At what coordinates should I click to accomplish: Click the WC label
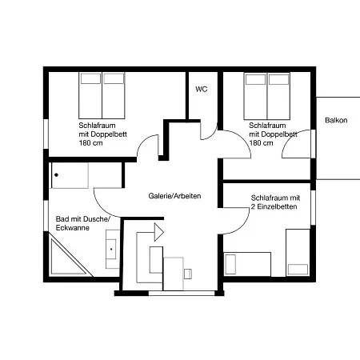[201, 89]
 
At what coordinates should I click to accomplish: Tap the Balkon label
[336, 120]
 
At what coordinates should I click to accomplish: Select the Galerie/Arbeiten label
[174, 196]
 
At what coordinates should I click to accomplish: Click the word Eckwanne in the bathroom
[72, 228]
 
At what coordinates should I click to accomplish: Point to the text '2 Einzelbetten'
[274, 206]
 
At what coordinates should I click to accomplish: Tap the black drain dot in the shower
[56, 175]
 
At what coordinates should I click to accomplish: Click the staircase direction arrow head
[159, 233]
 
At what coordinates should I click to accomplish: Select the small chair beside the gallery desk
[188, 274]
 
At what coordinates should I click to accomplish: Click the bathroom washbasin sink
[111, 249]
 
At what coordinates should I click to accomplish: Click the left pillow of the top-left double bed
[90, 78]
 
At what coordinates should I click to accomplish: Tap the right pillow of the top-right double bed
[278, 79]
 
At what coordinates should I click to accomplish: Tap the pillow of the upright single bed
[298, 270]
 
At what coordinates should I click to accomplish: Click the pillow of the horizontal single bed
[230, 264]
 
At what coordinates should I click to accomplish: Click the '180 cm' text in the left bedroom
[90, 143]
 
